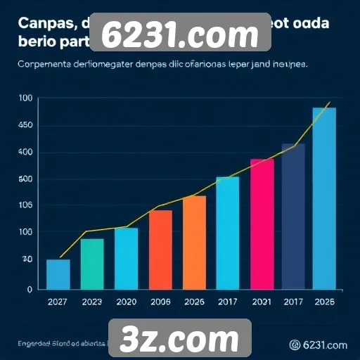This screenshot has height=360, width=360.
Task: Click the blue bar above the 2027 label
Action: (58, 274)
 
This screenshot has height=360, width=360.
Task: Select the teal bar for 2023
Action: (92, 264)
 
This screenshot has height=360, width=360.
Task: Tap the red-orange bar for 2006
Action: (160, 250)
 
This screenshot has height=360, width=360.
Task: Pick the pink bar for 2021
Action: (262, 224)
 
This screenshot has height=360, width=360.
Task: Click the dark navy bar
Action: (293, 216)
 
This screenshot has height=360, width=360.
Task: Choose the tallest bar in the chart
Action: (324, 198)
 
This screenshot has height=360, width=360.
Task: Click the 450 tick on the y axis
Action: (25, 125)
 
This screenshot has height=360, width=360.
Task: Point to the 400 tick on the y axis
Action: (25, 152)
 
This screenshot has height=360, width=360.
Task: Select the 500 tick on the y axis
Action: (25, 179)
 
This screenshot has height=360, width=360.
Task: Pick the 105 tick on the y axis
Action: (25, 205)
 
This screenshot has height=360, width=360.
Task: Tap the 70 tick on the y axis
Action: (26, 259)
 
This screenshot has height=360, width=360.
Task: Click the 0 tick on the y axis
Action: (30, 289)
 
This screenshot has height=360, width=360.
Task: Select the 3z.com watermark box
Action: (180, 339)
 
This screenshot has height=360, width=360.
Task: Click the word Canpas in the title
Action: (42, 24)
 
